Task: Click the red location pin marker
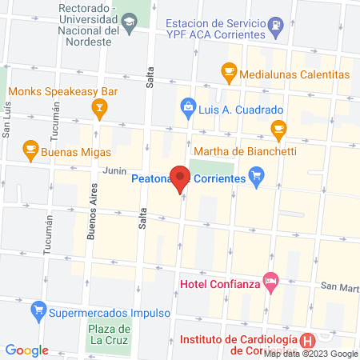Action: click(182, 178)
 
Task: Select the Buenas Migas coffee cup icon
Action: click(30, 149)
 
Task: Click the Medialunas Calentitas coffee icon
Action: click(229, 74)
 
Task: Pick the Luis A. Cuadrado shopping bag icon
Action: click(187, 105)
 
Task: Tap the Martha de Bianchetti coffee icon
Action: click(278, 127)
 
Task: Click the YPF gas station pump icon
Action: click(276, 24)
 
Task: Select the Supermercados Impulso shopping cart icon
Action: click(37, 310)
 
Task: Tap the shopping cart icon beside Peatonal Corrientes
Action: click(257, 176)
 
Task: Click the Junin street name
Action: click(114, 170)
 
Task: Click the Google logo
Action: click(27, 350)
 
